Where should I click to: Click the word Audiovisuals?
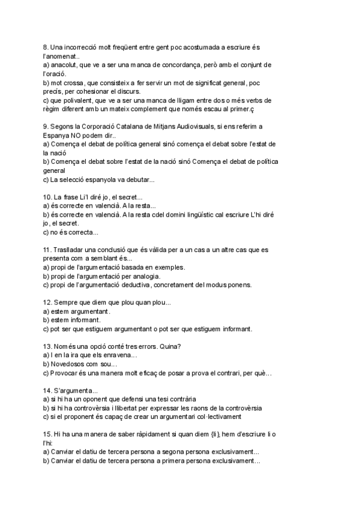[x=213, y=127]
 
